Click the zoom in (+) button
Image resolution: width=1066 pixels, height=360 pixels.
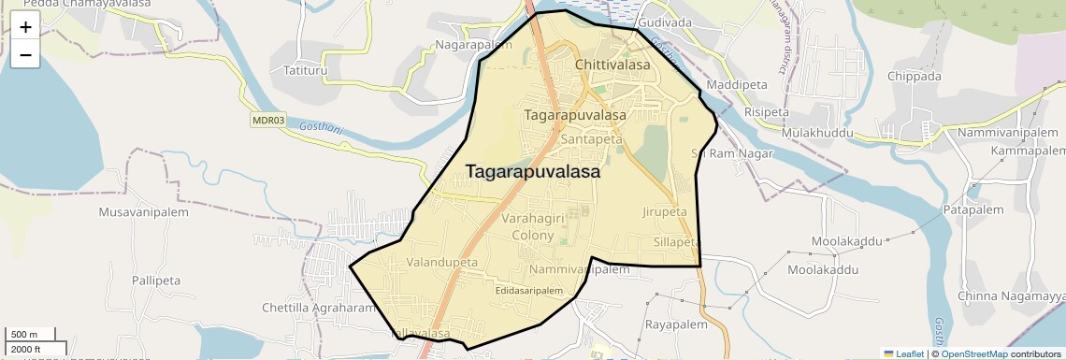(25, 27)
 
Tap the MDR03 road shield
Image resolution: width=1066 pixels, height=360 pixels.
(268, 121)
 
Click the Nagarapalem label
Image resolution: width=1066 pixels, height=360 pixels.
(470, 45)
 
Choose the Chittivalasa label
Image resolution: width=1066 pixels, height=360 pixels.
(612, 65)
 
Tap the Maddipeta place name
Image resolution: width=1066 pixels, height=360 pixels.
(735, 85)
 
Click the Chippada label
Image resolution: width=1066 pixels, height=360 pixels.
(914, 77)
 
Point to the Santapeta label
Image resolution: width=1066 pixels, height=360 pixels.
(592, 139)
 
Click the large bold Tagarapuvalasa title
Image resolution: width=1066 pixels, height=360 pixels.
(533, 172)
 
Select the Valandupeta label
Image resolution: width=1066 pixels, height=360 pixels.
(441, 263)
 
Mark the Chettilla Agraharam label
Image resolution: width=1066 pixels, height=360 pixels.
(318, 308)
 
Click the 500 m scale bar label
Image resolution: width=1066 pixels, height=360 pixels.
(24, 335)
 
